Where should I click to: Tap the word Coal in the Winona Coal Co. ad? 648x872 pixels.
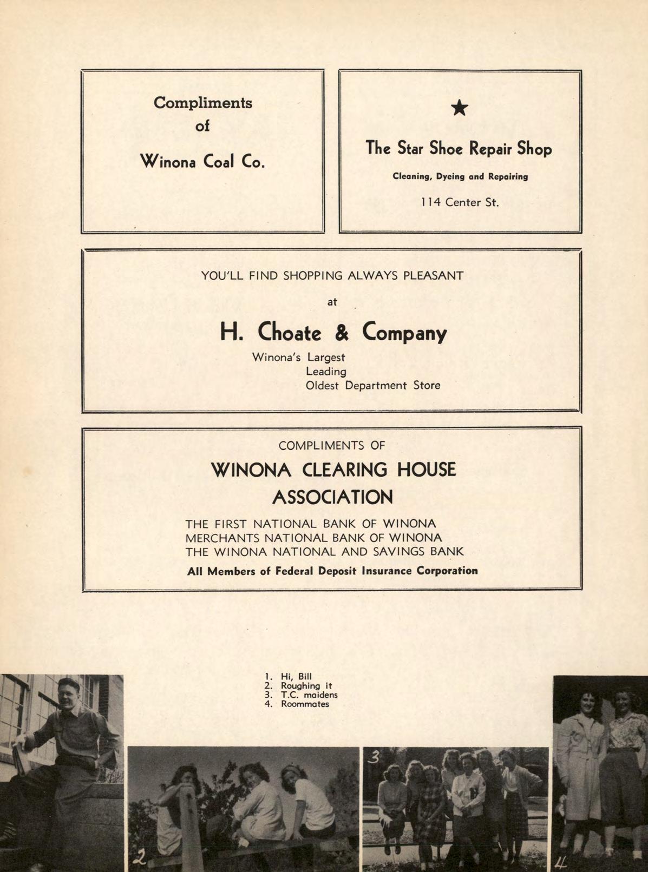(x=218, y=161)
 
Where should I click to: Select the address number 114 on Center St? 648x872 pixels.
(x=431, y=203)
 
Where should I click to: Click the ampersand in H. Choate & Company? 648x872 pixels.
(x=341, y=332)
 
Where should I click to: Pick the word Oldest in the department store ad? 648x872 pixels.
(x=323, y=386)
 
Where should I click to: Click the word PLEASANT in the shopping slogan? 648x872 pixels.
(x=433, y=275)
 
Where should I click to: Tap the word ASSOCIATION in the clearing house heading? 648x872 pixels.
(x=332, y=497)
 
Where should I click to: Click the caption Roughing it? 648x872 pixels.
(x=306, y=685)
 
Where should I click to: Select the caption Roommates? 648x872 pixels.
(x=305, y=704)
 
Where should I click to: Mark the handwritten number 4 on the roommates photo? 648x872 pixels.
(x=561, y=860)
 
